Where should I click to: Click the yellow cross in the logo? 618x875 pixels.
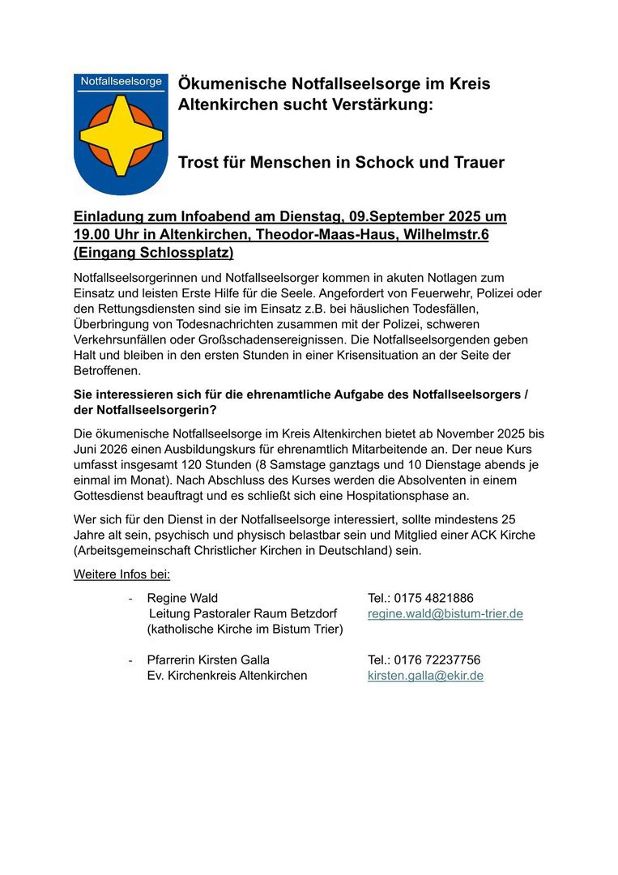coord(121,134)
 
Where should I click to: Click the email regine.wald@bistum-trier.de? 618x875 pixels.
coord(445,614)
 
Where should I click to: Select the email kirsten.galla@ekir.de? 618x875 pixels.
coord(425,675)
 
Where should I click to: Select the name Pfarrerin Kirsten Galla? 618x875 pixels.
coord(208,659)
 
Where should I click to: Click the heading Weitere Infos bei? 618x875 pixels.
coord(121,574)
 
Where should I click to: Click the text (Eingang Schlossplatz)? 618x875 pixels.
coord(154,251)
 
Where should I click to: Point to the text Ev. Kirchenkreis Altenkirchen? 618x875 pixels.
coord(227,675)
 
